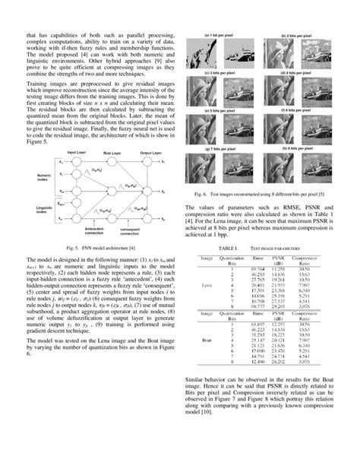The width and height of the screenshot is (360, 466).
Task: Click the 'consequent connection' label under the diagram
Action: tap(131, 230)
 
